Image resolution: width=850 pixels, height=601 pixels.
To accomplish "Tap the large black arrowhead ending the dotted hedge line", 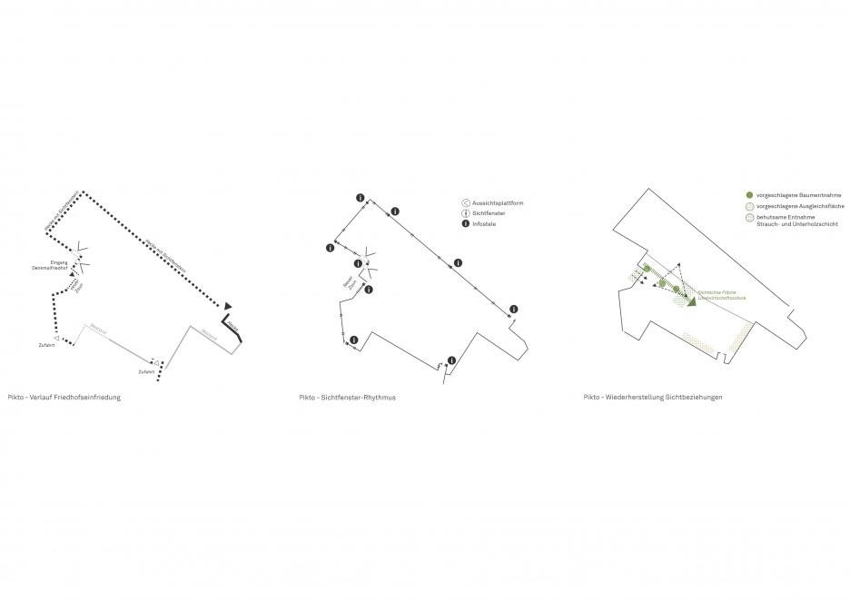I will [230, 305].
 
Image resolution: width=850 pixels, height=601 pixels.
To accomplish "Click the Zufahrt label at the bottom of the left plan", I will [144, 372].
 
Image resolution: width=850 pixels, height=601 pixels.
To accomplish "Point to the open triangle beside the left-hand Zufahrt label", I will [56, 338].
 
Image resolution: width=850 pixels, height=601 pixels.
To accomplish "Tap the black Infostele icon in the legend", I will [466, 222].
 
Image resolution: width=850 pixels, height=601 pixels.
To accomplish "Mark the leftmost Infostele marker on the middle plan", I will [329, 247].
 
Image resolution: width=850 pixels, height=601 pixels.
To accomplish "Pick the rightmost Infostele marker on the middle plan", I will [513, 310].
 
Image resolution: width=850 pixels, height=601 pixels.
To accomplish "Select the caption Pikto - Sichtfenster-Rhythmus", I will [348, 398].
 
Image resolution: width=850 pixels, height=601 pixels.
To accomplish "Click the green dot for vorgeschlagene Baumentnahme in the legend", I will [748, 195].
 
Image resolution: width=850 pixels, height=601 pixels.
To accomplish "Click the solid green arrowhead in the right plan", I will [692, 302].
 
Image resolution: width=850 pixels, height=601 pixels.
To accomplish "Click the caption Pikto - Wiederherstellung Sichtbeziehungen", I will [653, 398].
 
